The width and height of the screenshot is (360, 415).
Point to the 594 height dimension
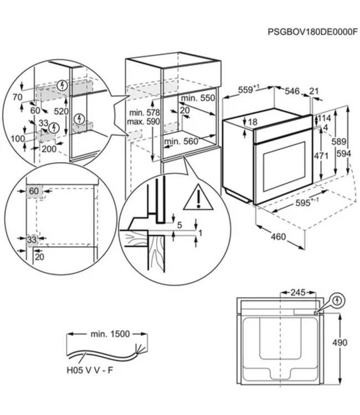pyautogui.click(x=343, y=153)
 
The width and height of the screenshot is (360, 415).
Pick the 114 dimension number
pyautogui.click(x=325, y=118)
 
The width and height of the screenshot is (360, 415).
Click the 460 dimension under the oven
pyautogui.click(x=278, y=237)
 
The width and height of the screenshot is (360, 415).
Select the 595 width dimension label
pyautogui.click(x=305, y=203)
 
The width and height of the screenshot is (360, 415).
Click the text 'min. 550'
pyautogui.click(x=198, y=98)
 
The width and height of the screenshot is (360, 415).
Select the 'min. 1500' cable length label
pyautogui.click(x=110, y=334)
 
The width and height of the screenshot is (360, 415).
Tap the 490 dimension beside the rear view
pyautogui.click(x=339, y=343)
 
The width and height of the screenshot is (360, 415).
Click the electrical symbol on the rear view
pyautogui.click(x=337, y=301)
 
